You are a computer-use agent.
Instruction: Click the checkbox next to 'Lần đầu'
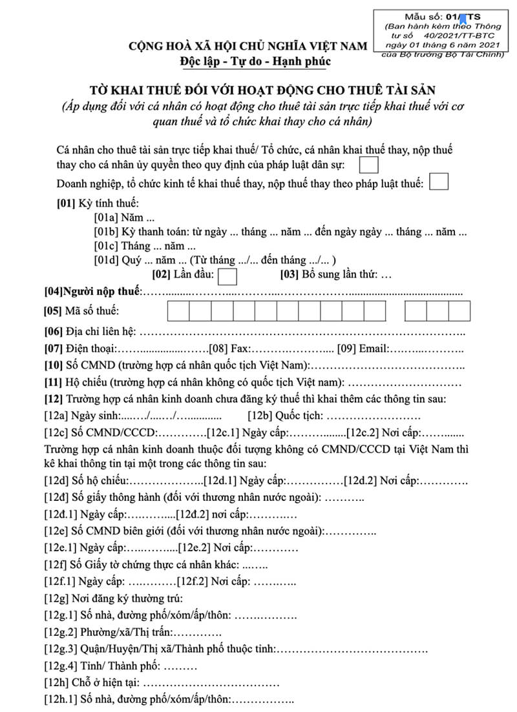click(228, 276)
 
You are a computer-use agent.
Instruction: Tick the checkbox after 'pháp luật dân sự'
click(368, 166)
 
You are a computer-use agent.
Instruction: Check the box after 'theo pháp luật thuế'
click(439, 182)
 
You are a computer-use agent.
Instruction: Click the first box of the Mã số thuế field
click(178, 311)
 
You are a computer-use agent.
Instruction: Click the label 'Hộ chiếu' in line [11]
click(85, 382)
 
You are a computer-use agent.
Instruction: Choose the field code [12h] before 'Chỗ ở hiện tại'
click(56, 682)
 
